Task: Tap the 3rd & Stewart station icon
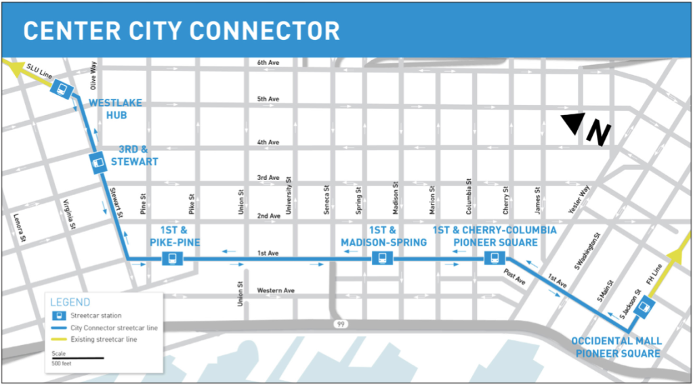click(98, 162)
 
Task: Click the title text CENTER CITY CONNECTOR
click(182, 30)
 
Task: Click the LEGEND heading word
click(70, 302)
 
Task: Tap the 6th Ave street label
click(268, 63)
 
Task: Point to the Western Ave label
click(276, 291)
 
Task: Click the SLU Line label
click(41, 72)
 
